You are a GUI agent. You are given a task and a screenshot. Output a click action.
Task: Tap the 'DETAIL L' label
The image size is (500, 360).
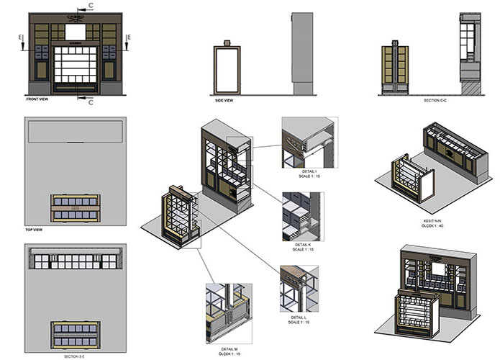click(300, 318)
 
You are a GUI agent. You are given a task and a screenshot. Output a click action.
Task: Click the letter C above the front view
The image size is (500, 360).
click(90, 5)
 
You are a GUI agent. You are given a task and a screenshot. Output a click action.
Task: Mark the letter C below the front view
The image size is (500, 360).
click(91, 102)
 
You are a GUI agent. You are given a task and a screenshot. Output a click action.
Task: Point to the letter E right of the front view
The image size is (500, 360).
click(128, 36)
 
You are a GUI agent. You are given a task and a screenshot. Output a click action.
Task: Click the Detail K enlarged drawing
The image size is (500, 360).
click(303, 216)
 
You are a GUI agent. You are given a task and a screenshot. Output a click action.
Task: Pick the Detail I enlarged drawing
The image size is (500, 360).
click(303, 142)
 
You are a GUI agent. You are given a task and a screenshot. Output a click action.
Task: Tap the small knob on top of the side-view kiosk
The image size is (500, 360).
click(228, 42)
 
